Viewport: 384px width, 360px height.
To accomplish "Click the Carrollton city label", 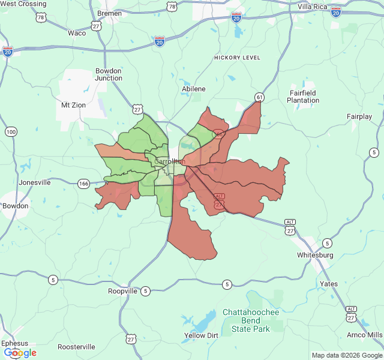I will pyautogui.click(x=169, y=161).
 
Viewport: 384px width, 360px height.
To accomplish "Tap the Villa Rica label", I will pyautogui.click(x=313, y=6).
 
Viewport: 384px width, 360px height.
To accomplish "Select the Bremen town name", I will pyautogui.click(x=109, y=13).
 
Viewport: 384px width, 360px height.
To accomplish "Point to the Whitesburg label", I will pyautogui.click(x=315, y=255).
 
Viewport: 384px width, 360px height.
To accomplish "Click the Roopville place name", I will pyautogui.click(x=123, y=291).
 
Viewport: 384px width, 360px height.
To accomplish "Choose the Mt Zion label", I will pyautogui.click(x=73, y=105).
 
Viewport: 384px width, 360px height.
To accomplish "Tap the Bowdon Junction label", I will pyautogui.click(x=109, y=74).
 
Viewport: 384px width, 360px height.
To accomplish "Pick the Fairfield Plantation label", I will pyautogui.click(x=303, y=97).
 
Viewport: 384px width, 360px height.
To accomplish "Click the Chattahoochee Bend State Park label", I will pyautogui.click(x=251, y=320).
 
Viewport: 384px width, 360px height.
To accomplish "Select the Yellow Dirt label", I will pyautogui.click(x=201, y=335).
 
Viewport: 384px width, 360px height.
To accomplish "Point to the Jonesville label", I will pyautogui.click(x=35, y=182).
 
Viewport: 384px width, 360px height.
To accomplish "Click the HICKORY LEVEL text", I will pyautogui.click(x=237, y=58).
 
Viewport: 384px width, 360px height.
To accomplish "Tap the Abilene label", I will pyautogui.click(x=193, y=89).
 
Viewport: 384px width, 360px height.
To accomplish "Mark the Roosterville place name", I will pyautogui.click(x=76, y=347).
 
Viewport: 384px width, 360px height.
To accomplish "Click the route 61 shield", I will pyautogui.click(x=259, y=97).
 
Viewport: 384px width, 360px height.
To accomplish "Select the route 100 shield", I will pyautogui.click(x=11, y=131).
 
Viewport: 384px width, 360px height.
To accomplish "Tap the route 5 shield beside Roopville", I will pyautogui.click(x=146, y=291).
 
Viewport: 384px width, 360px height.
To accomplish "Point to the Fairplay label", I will pyautogui.click(x=359, y=116).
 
